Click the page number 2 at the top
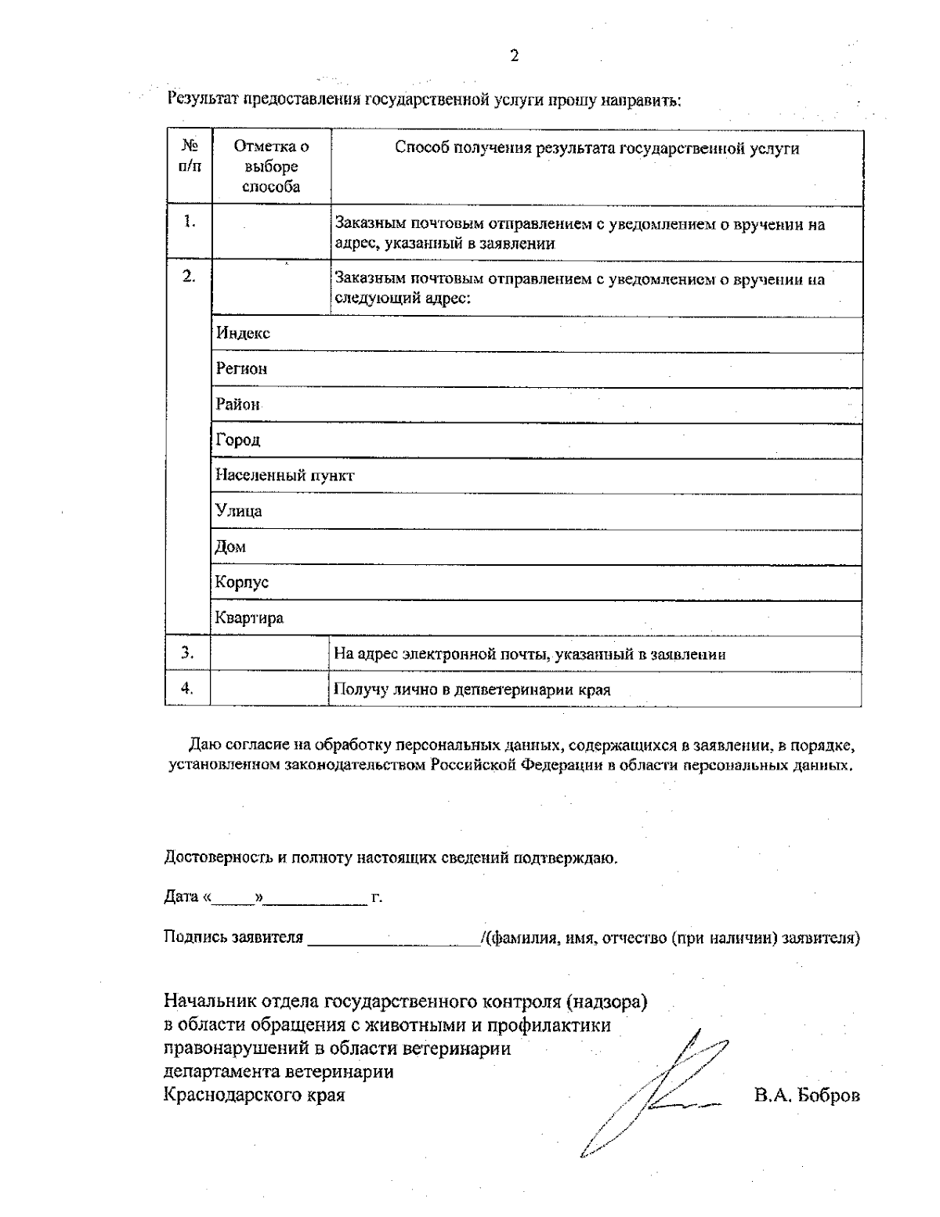tap(514, 56)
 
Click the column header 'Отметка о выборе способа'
tap(271, 167)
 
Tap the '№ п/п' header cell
tap(190, 156)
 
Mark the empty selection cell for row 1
tap(271, 232)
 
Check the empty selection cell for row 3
tap(270, 654)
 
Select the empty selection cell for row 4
tap(270, 689)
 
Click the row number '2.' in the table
tap(189, 277)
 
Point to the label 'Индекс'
tap(243, 333)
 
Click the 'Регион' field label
tap(241, 368)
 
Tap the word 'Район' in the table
tap(238, 404)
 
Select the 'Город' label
tap(238, 440)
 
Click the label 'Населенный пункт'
tap(285, 476)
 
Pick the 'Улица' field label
tap(239, 511)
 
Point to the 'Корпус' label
tap(242, 582)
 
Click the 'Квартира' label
tap(250, 618)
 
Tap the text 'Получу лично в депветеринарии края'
tap(472, 690)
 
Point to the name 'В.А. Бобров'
tap(807, 1096)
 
